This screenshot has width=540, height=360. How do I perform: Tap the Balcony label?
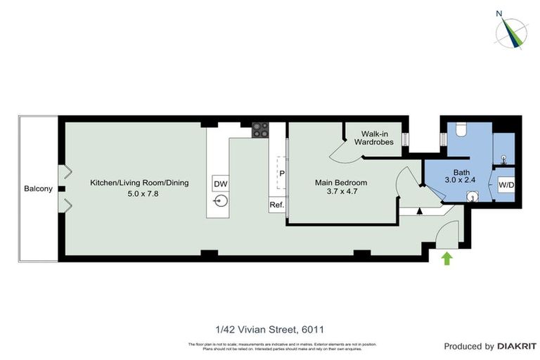38,188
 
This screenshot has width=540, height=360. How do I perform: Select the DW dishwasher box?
220,184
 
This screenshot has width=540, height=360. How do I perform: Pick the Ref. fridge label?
276,205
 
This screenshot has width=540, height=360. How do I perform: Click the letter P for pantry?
281,173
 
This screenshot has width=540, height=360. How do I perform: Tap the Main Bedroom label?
340,183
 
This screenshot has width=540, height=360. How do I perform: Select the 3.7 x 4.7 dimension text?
340,192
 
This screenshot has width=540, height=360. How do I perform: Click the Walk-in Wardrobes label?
377,137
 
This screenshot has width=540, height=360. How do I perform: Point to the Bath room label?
461,172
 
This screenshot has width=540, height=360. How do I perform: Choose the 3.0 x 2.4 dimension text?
461,181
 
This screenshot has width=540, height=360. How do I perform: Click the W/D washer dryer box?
506,186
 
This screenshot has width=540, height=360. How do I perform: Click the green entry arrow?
446,259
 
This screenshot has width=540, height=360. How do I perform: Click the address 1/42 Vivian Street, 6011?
269,328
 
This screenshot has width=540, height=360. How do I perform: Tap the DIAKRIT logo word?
517,346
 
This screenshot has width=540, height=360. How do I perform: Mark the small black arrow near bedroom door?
420,210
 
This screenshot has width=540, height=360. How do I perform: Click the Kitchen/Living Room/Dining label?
139,183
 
